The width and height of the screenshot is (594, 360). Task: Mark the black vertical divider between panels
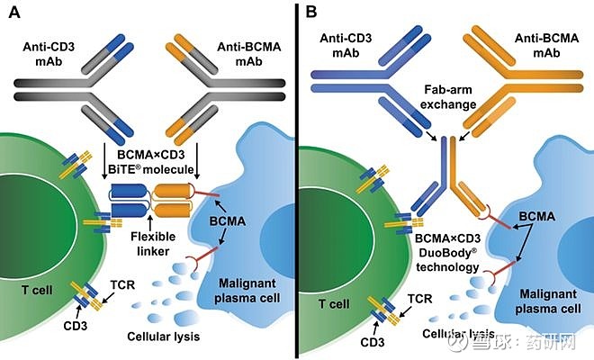pos(298,180)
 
